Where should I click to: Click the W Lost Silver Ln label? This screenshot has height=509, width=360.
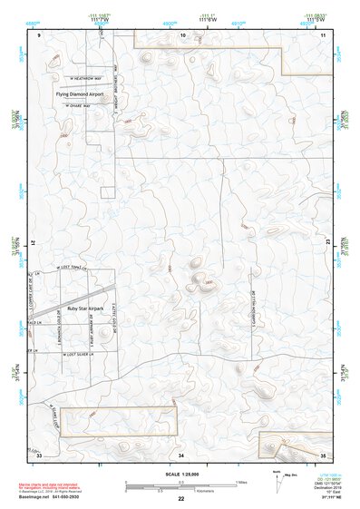[82, 357]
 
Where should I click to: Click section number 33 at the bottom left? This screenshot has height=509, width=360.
[39, 454]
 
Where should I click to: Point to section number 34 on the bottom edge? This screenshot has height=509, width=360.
[181, 454]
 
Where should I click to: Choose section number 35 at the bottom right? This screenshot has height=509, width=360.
[323, 454]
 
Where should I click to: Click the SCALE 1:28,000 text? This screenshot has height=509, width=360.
[181, 475]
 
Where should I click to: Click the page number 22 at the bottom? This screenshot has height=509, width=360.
[181, 499]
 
